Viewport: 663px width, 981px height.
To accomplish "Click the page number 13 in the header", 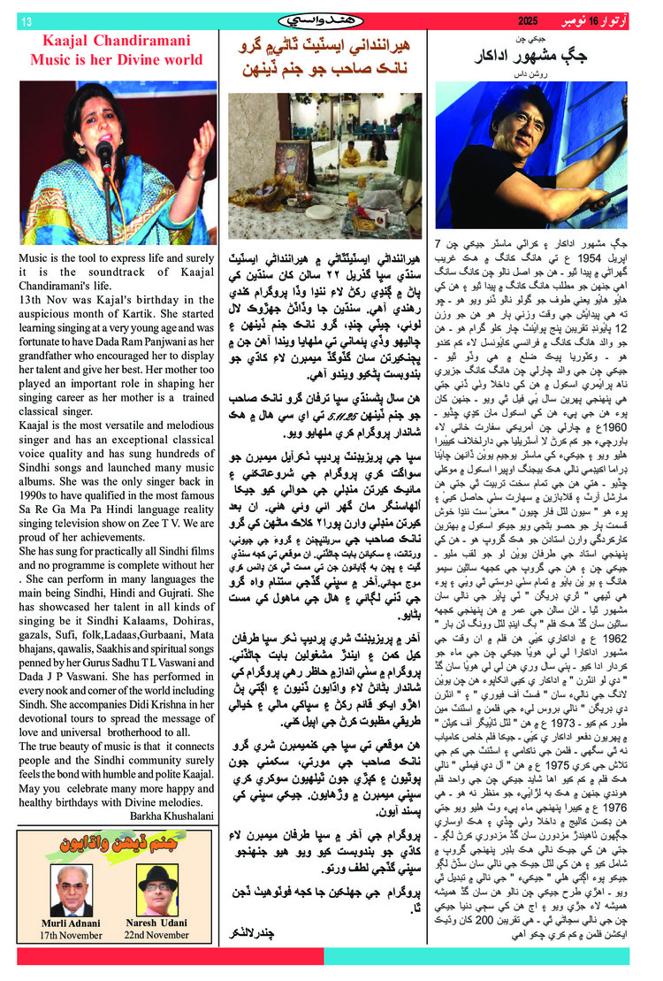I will point(26,20).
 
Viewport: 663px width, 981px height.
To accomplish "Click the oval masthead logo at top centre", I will point(331,19).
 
